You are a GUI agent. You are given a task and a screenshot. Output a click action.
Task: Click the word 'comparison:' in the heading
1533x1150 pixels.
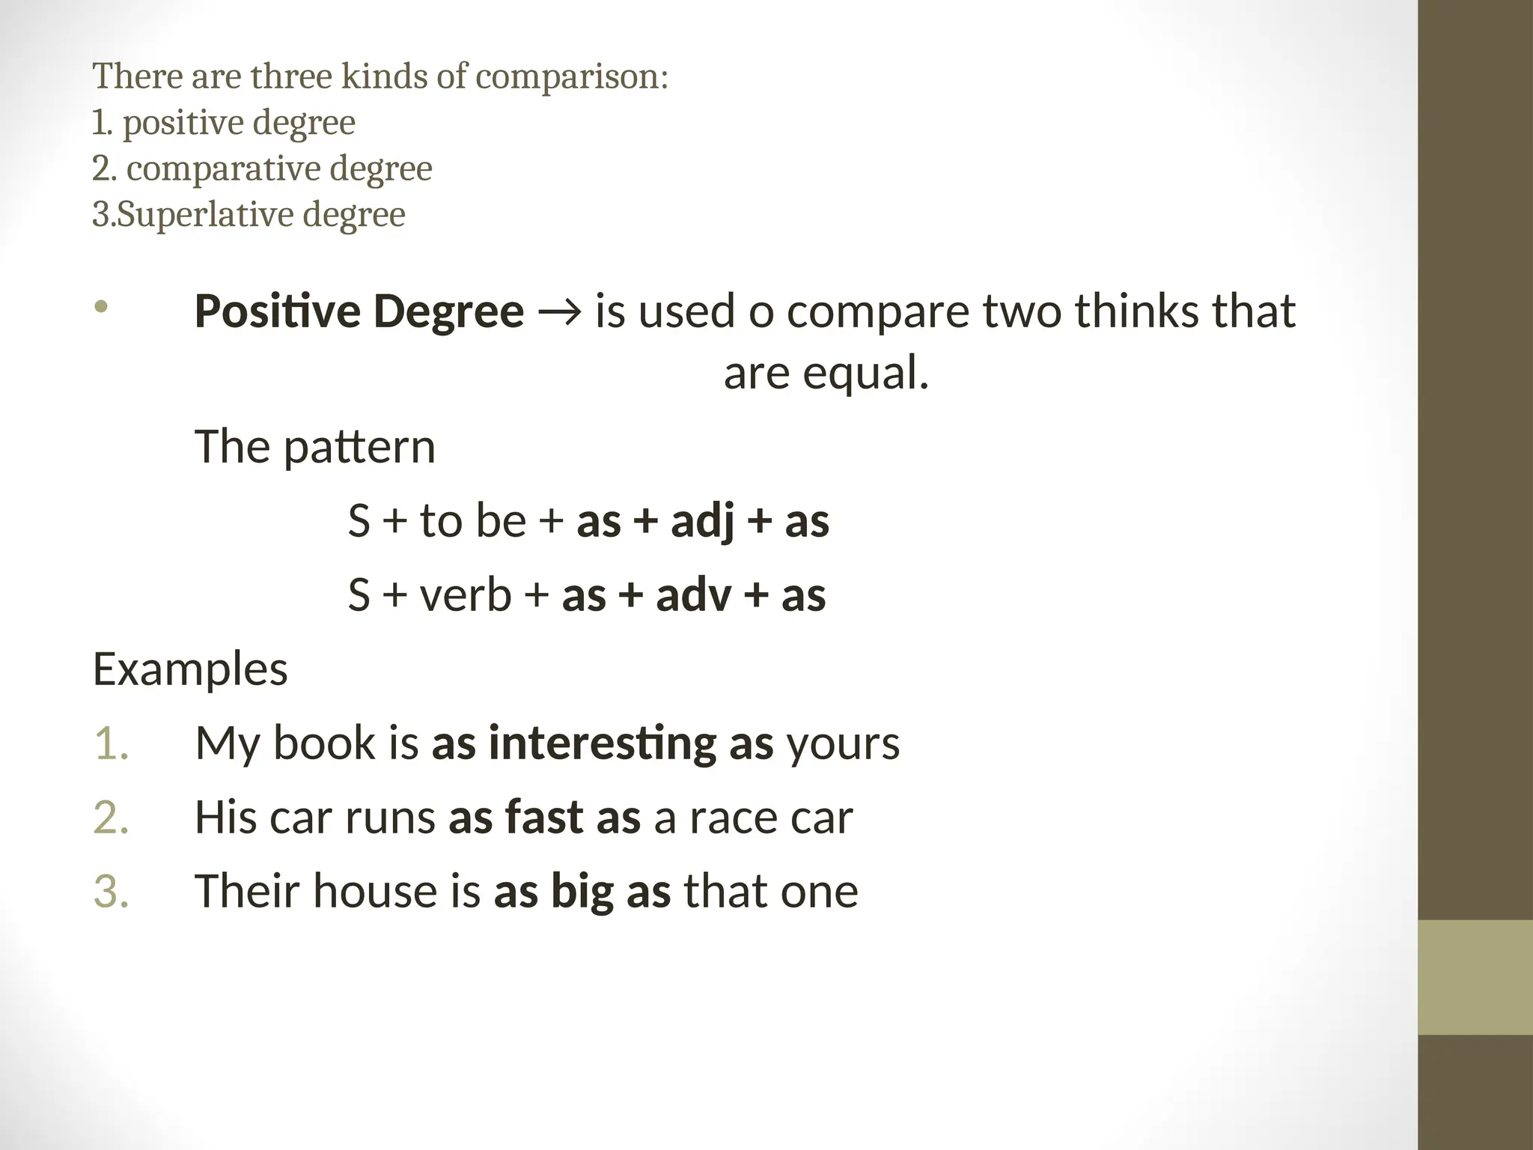(571, 77)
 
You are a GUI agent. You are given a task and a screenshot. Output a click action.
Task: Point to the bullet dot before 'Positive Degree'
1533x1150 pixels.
(102, 306)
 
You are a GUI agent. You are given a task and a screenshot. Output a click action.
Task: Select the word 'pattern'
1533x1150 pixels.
(359, 448)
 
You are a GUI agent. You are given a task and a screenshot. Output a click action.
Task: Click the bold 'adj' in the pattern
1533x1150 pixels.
(702, 521)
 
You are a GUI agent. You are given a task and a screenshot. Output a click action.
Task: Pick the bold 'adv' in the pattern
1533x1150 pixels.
(693, 596)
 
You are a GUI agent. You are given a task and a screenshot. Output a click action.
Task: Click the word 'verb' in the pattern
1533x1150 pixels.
(466, 596)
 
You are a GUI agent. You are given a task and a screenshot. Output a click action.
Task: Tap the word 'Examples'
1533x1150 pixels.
(190, 669)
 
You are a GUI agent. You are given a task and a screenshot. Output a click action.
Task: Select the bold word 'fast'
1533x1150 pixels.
(544, 817)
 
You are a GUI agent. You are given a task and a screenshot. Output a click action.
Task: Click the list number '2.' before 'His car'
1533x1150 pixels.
(112, 817)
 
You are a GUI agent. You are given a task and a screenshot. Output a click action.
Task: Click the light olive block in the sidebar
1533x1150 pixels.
(1475, 977)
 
